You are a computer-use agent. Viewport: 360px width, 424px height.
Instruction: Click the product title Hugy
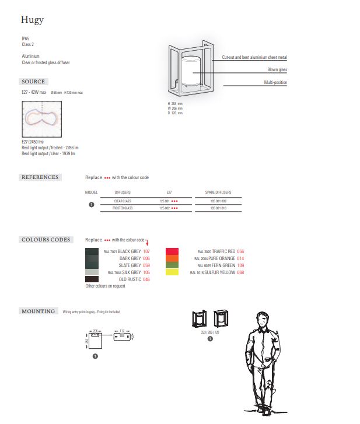point(32,20)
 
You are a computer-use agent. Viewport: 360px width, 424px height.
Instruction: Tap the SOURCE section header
point(33,82)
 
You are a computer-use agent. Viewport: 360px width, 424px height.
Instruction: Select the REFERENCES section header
point(40,177)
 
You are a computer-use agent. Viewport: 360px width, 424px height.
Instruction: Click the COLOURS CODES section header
point(46,240)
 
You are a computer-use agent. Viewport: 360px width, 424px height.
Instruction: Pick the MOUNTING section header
point(39,311)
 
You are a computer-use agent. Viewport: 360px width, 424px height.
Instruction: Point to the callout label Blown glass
point(277,70)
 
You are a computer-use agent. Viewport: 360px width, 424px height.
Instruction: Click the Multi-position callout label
point(275,83)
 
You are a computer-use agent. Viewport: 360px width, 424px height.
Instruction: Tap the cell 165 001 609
point(218,201)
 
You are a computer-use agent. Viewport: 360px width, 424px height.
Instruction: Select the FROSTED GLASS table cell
point(123,208)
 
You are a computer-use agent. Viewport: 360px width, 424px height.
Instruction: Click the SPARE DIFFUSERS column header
point(218,191)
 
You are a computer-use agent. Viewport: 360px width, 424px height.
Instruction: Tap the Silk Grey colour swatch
point(92,272)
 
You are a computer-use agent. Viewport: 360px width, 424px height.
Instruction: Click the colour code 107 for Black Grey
point(146,251)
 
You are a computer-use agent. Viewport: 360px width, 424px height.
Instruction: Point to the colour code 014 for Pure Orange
point(240,258)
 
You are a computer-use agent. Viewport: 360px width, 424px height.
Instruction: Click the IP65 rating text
point(26,40)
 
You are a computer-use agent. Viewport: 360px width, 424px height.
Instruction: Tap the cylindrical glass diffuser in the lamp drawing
point(191,70)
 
